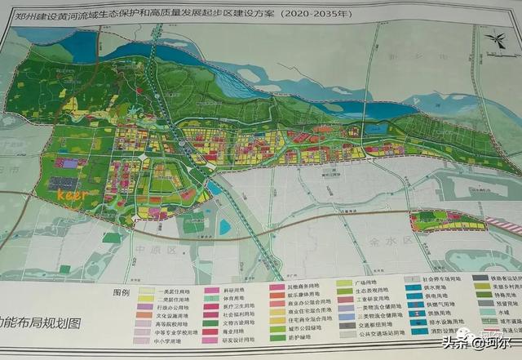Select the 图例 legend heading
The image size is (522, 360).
point(122,291)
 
